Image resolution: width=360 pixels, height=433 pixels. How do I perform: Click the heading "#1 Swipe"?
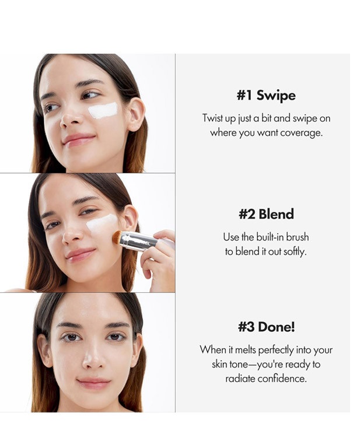coord(266,96)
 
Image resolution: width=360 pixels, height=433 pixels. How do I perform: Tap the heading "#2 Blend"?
coord(266,214)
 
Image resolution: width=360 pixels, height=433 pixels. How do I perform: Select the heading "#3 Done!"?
coord(267,327)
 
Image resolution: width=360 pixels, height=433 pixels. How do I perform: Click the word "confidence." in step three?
coord(282,378)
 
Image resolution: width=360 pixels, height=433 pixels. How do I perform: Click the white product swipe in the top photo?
coord(103,110)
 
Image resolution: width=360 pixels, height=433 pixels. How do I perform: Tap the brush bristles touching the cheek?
coord(117,238)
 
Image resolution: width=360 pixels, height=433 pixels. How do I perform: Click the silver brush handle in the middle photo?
coord(139,241)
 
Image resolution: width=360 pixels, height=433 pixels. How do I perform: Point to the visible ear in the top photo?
coord(135,114)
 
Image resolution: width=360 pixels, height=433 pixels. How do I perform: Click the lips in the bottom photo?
coord(93,383)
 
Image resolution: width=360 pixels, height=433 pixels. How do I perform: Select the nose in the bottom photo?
coord(93,358)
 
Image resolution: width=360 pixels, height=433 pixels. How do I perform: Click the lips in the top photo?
coord(78,139)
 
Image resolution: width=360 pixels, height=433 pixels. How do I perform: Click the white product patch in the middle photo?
coord(102,223)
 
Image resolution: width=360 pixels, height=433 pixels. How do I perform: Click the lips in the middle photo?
coord(81,255)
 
